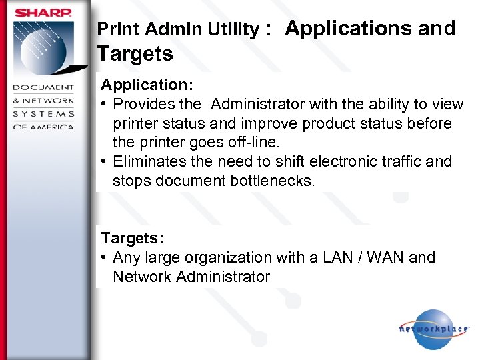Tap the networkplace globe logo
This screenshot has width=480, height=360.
click(x=433, y=329)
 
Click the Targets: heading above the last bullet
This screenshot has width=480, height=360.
click(x=132, y=238)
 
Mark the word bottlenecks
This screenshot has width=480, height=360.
click(x=271, y=181)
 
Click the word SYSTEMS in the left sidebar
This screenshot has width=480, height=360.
click(x=44, y=114)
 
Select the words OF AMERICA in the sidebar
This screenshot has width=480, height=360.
click(x=44, y=127)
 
